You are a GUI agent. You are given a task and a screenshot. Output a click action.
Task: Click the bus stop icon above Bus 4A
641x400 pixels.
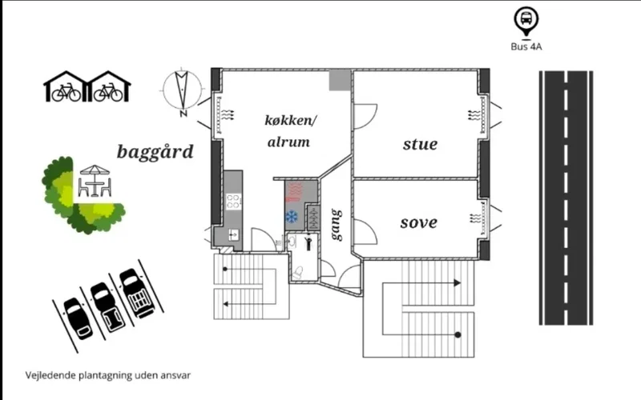[x=526, y=20]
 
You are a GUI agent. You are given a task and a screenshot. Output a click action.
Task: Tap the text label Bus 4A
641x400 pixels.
[x=526, y=46]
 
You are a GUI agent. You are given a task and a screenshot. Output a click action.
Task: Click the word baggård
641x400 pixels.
[x=155, y=152]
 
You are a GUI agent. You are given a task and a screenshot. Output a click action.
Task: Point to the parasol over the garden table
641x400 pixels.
[x=95, y=170]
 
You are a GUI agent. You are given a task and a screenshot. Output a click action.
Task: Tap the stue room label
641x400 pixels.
[x=420, y=144]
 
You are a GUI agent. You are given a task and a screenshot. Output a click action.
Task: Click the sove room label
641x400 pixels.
[x=419, y=222]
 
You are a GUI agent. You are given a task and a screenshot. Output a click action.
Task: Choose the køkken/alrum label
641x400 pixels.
[x=290, y=130]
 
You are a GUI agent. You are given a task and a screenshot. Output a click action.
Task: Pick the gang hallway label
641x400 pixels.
[x=337, y=225]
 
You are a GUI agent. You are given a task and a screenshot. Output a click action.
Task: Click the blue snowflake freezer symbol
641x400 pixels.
[x=292, y=217]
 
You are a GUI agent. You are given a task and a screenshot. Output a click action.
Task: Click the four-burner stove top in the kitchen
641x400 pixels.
[x=233, y=200]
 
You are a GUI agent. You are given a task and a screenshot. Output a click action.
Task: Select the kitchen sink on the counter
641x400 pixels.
[x=233, y=234]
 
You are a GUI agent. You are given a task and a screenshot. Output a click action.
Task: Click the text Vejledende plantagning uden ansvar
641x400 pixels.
[x=107, y=374]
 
